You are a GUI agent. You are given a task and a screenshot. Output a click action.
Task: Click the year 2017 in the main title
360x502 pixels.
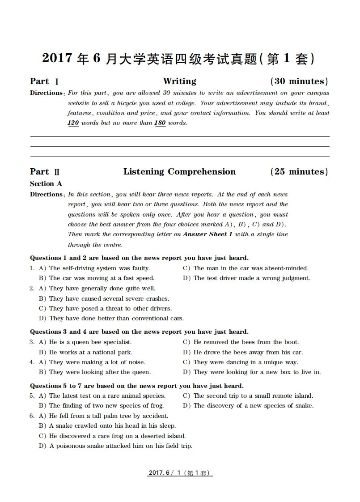click(x=57, y=58)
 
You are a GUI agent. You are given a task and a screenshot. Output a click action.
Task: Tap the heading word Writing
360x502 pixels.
click(x=179, y=81)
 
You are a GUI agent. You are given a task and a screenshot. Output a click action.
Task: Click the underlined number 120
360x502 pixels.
click(x=73, y=123)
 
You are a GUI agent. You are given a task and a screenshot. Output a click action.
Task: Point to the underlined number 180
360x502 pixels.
click(x=160, y=123)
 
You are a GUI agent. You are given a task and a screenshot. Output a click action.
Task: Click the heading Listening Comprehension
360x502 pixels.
click(x=179, y=171)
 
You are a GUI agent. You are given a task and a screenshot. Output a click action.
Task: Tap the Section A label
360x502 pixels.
click(x=46, y=183)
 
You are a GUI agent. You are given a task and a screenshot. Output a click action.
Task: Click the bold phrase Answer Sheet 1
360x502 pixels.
click(x=208, y=234)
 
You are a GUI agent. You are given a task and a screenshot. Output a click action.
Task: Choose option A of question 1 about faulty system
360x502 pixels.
click(x=99, y=268)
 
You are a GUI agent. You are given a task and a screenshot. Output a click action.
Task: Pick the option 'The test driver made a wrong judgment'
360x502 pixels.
click(x=251, y=278)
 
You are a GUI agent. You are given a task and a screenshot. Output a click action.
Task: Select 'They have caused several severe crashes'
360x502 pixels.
click(x=109, y=298)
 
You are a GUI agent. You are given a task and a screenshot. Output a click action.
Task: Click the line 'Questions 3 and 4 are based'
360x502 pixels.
click(x=139, y=332)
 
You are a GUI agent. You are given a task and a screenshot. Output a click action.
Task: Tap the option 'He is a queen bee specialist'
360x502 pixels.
click(x=90, y=342)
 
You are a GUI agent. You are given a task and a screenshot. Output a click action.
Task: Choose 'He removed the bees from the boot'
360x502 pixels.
click(x=246, y=342)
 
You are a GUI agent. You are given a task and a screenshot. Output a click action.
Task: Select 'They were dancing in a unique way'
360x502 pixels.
click(x=246, y=362)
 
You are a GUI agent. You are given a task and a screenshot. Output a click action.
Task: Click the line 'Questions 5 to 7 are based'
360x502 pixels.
click(x=136, y=386)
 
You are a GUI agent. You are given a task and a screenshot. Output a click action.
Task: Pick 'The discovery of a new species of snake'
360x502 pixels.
click(x=253, y=406)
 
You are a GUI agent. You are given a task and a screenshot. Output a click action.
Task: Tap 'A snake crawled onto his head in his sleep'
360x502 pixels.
click(x=112, y=425)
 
